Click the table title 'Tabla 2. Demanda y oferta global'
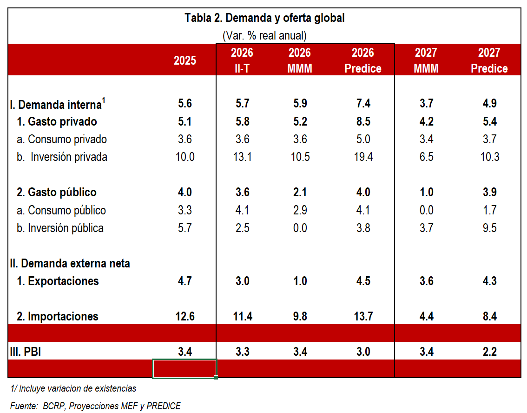tap(264, 18)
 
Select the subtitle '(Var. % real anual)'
tap(264, 35)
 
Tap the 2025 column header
tap(185, 60)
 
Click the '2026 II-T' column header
tap(242, 60)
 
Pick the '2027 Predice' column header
tap(489, 60)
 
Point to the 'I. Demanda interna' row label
tap(58, 104)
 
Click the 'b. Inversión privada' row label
tap(62, 157)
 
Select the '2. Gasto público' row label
tap(57, 193)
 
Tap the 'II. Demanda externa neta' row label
tap(70, 263)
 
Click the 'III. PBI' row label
tap(26, 352)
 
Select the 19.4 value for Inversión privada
tap(363, 157)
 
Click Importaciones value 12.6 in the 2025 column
tap(185, 316)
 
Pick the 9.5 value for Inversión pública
tap(490, 228)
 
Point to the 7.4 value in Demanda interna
tap(363, 103)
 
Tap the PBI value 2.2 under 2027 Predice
tap(490, 352)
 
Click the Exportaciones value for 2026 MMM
tap(300, 281)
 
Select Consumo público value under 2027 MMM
tap(427, 210)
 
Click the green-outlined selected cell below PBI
tap(185, 369)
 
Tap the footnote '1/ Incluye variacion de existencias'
tap(73, 388)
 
